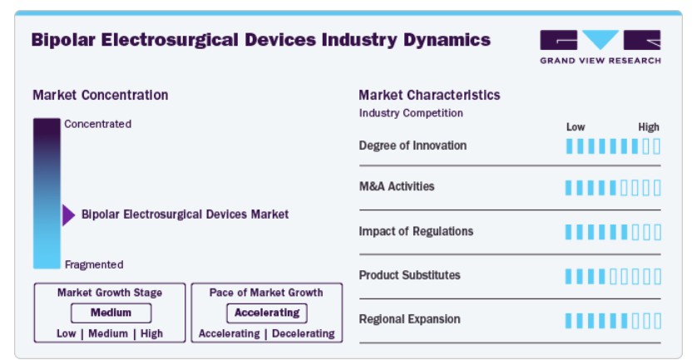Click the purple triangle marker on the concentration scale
tap(68, 215)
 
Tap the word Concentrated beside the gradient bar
tap(98, 124)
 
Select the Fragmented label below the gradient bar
tap(94, 265)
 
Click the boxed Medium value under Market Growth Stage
tap(111, 313)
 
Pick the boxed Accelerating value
tap(267, 313)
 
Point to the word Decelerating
tap(303, 333)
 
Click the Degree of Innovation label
tap(413, 145)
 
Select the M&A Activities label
tap(397, 186)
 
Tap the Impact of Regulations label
tap(416, 232)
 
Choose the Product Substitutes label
tap(409, 275)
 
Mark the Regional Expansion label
tap(409, 319)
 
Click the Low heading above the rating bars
tap(576, 127)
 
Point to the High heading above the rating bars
tap(649, 127)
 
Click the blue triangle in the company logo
tap(600, 39)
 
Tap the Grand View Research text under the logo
tap(600, 61)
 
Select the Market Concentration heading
tap(101, 95)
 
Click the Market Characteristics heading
tap(429, 95)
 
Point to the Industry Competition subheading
tap(411, 113)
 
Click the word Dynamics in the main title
tap(447, 40)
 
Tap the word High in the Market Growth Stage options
tap(151, 333)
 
